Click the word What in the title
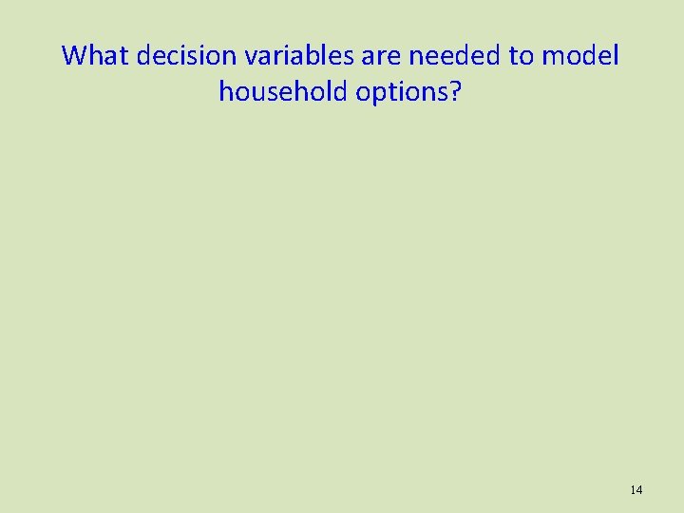click(96, 56)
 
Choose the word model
click(580, 56)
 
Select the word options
click(405, 91)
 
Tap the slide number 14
click(636, 489)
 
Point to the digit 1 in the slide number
click(633, 489)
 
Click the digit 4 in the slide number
click(639, 489)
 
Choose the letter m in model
click(553, 56)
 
